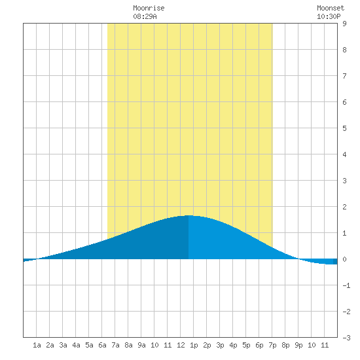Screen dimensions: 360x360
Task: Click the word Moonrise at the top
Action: point(149,8)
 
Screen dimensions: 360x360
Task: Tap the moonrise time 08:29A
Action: point(145,16)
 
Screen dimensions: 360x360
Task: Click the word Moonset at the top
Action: point(331,8)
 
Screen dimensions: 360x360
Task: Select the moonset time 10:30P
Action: point(329,16)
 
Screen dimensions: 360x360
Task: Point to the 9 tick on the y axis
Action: point(344,24)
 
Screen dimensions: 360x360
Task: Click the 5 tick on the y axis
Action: point(344,128)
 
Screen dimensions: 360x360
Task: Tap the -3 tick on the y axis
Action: point(346,338)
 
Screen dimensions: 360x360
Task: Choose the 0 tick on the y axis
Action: point(344,259)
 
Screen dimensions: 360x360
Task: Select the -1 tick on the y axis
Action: point(346,285)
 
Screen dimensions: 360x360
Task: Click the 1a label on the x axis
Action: point(37,345)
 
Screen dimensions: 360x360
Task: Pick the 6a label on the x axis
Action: point(102,345)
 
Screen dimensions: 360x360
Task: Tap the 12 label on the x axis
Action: point(181,345)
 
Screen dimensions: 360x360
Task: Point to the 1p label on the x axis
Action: point(194,345)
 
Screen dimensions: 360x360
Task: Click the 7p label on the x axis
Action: point(272,345)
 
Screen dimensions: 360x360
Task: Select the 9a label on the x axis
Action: point(141,345)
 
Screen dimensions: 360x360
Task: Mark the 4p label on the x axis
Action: point(233,345)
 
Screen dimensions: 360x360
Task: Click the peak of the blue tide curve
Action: point(189,215)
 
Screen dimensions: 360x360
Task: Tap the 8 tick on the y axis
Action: point(344,50)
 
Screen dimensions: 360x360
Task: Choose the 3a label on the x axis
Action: point(63,345)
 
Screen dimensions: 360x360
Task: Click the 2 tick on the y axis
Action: point(344,207)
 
